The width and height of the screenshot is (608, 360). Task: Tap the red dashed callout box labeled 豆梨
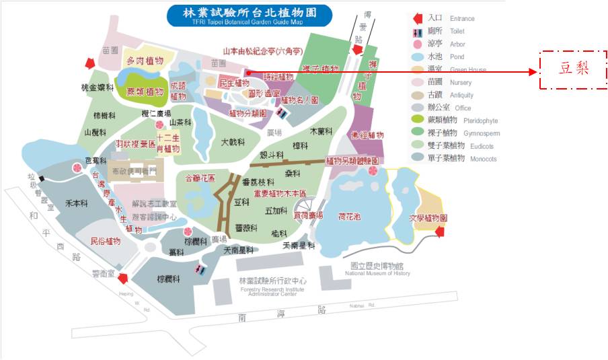[x=574, y=69]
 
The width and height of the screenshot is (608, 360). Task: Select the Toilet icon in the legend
[x=418, y=31]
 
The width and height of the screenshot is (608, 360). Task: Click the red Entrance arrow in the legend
[x=418, y=18]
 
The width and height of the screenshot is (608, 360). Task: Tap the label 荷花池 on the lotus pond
[x=349, y=216]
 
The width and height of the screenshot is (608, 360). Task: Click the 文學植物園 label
[x=428, y=218]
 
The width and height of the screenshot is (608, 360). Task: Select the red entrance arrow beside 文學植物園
[x=441, y=232]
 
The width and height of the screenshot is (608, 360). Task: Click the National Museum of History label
[x=377, y=270]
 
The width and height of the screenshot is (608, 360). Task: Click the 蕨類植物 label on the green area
[x=145, y=92]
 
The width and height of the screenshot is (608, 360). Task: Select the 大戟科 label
[x=233, y=142]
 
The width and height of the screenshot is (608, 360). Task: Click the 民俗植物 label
[x=106, y=240]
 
